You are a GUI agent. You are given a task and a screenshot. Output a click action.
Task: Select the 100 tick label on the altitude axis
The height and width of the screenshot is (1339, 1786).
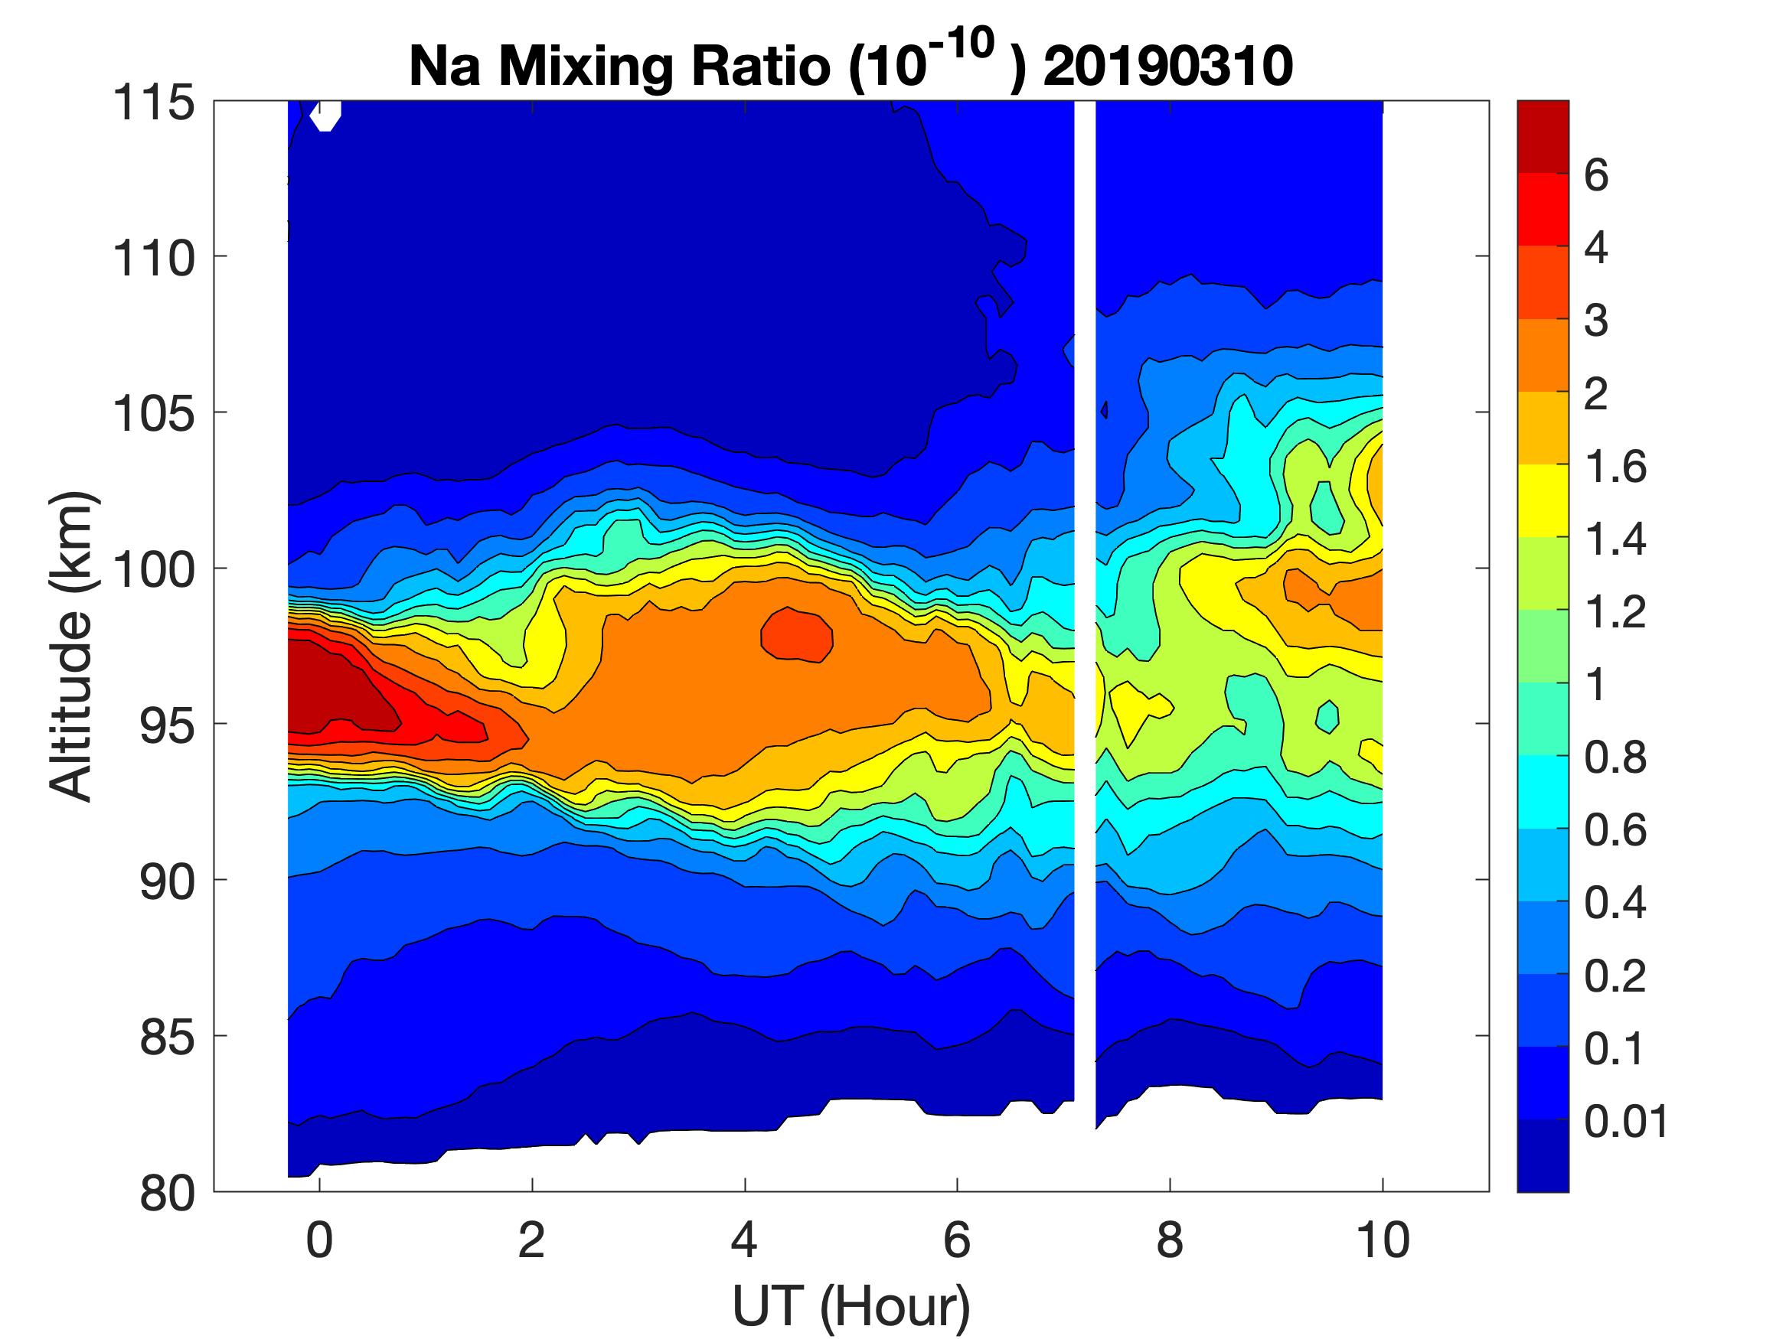153,570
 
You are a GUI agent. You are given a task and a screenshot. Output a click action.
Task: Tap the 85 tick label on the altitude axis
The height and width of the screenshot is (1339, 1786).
167,1037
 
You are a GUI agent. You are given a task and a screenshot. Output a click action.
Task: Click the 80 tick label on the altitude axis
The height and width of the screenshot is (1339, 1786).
167,1193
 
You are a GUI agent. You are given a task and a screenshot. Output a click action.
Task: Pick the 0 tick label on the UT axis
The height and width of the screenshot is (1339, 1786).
319,1240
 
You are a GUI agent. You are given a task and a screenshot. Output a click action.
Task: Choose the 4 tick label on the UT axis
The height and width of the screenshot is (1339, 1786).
744,1240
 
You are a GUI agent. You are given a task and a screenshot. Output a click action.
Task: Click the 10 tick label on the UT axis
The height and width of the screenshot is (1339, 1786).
1383,1240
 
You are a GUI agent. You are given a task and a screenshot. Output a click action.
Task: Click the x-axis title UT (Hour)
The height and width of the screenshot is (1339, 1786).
851,1306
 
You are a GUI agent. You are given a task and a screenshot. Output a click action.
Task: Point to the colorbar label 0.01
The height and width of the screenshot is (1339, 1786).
1625,1121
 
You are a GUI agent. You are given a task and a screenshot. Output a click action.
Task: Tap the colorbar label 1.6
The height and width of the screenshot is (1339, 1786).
1614,467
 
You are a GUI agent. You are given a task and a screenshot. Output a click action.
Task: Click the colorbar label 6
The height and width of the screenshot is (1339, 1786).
1596,175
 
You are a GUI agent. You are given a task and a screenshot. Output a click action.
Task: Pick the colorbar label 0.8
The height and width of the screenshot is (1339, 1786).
1614,758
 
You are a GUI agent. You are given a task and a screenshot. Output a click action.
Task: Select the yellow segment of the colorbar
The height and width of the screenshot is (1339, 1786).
1542,500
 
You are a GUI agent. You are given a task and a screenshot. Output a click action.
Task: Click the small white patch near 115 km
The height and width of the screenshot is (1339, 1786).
326,116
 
